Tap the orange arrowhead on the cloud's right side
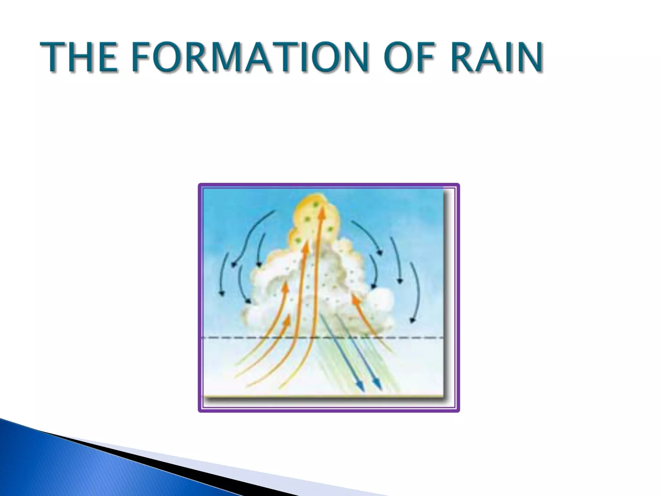click(355, 299)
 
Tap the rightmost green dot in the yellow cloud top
click(330, 229)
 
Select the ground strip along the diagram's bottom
click(323, 396)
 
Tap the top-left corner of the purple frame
click(199, 185)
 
